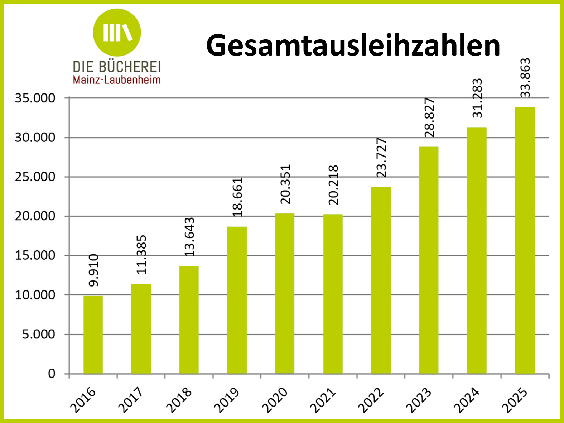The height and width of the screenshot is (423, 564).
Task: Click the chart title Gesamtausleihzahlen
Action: (x=353, y=45)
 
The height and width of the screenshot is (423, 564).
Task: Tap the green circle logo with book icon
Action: (x=117, y=33)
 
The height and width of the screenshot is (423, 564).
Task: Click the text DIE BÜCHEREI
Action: (x=117, y=67)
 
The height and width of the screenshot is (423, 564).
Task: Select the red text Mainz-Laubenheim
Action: (x=117, y=80)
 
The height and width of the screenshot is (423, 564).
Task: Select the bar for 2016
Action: (x=93, y=335)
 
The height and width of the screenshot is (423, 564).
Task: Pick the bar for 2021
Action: (x=333, y=294)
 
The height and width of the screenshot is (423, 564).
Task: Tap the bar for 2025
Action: (x=525, y=240)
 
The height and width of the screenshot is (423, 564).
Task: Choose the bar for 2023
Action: (x=429, y=260)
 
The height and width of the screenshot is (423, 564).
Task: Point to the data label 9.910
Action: (x=93, y=270)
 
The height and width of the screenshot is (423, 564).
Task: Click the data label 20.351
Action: (x=285, y=184)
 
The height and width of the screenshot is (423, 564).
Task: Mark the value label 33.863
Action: (x=525, y=78)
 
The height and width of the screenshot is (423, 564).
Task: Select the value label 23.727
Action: (x=382, y=158)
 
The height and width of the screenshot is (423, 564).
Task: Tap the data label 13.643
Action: (x=189, y=237)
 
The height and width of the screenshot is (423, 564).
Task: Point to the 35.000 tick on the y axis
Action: (x=35, y=98)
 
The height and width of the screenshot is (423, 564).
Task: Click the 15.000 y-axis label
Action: (x=35, y=255)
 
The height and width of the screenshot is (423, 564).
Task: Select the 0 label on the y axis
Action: (x=52, y=374)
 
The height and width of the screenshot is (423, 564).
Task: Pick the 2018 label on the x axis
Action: (x=179, y=400)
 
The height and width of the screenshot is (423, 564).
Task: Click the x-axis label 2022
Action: (x=371, y=400)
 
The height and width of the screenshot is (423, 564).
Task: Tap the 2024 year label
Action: (x=467, y=400)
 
